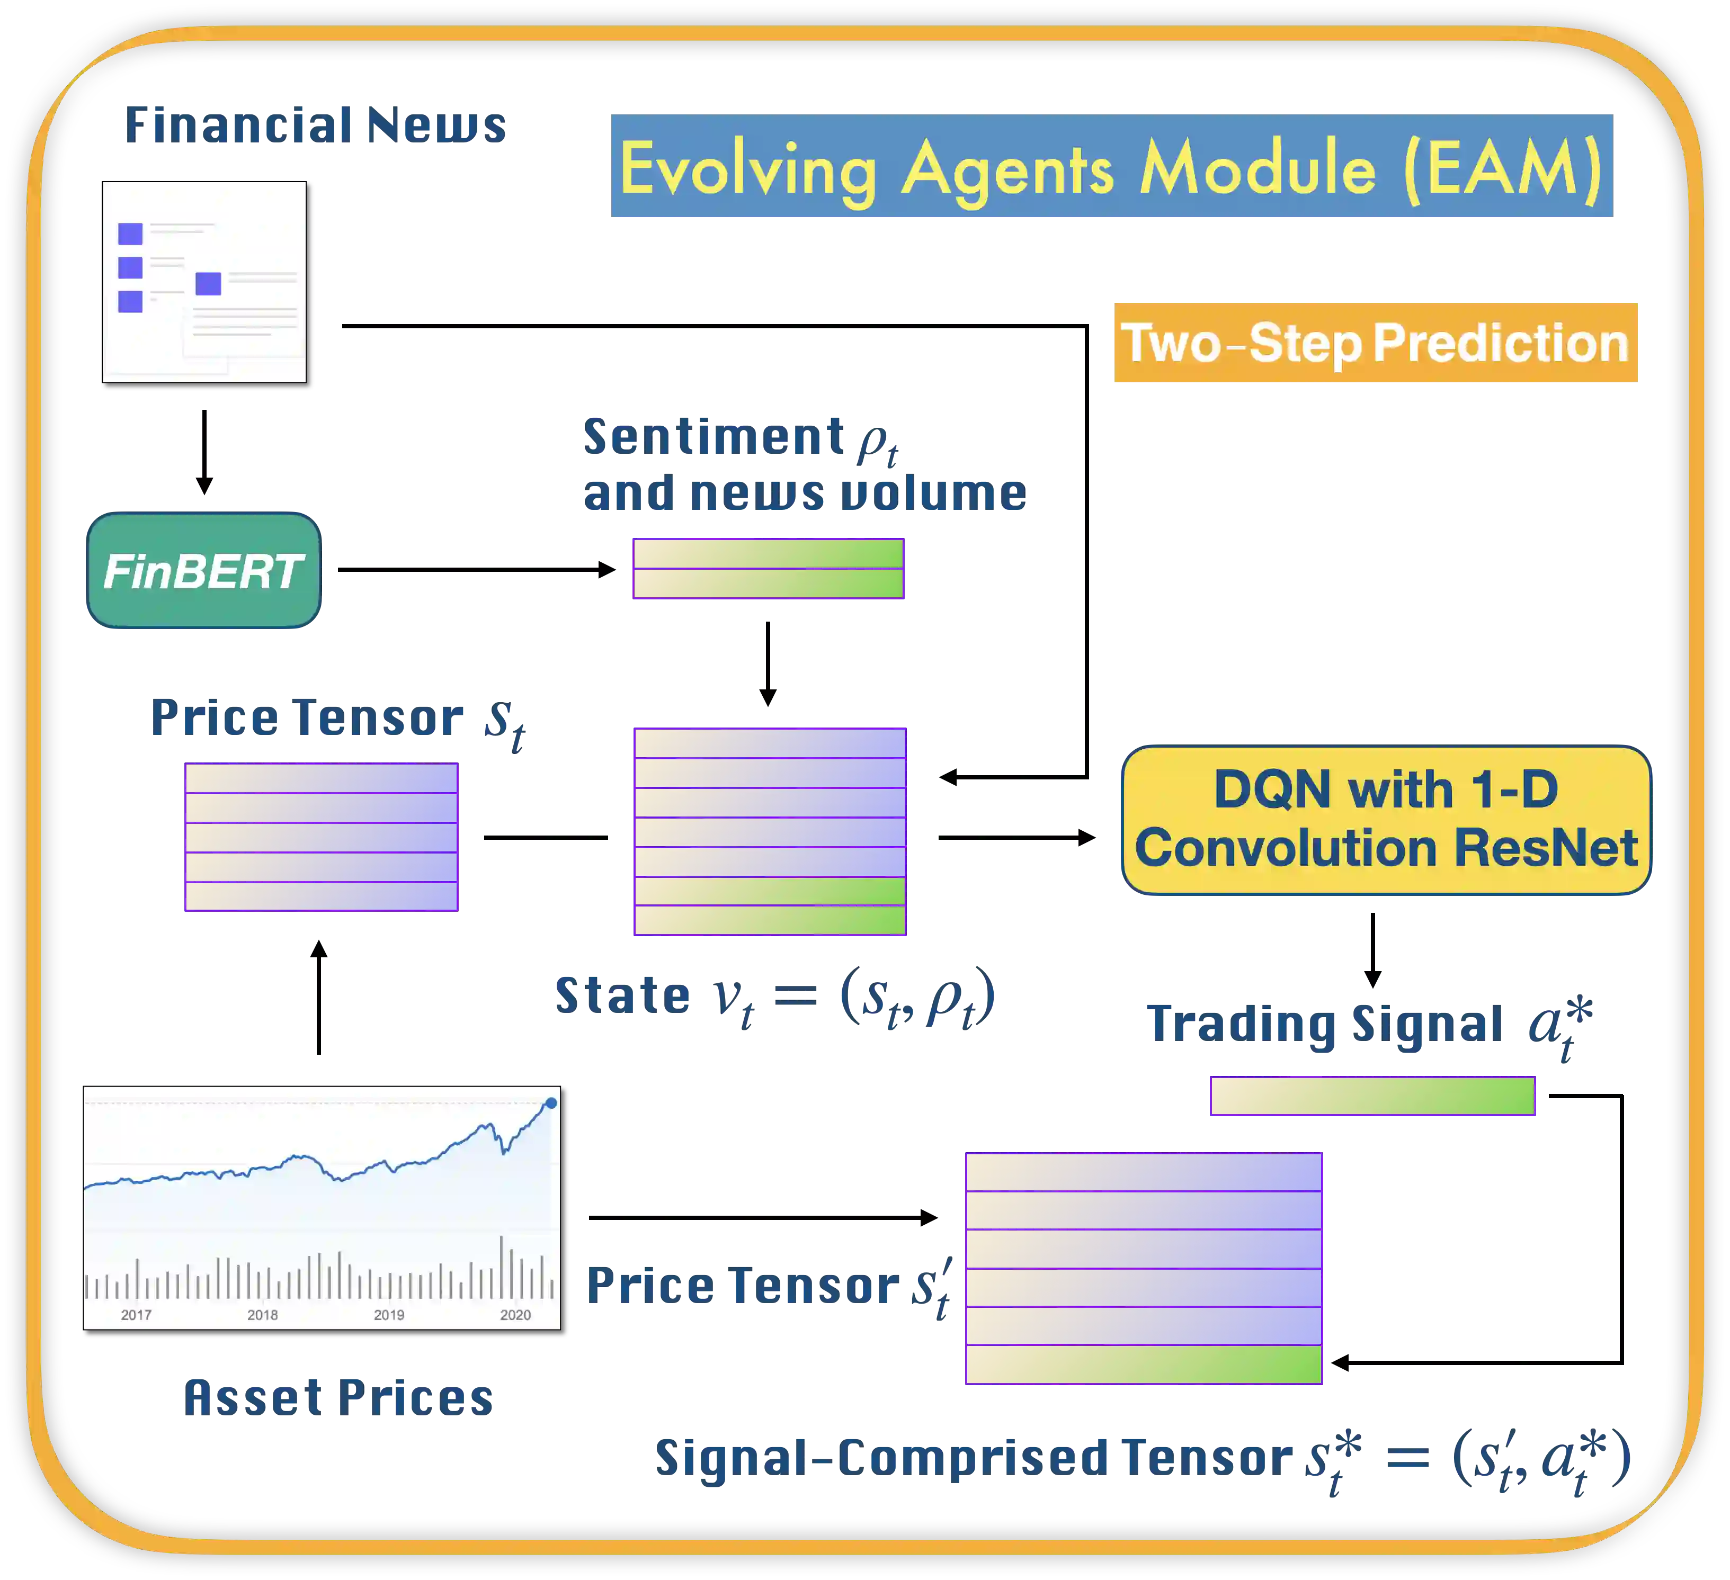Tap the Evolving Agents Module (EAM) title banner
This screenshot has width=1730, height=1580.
point(1111,167)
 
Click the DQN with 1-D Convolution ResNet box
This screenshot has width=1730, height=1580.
point(1385,819)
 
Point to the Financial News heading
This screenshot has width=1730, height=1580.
point(317,125)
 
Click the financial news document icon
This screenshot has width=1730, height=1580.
point(204,281)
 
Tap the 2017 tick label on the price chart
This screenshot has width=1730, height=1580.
point(137,1315)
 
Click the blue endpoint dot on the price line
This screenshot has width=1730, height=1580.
point(551,1103)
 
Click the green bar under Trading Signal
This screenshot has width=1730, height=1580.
point(1372,1096)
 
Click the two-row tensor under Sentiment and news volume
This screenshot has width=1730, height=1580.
point(768,569)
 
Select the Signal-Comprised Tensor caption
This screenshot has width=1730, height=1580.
point(1142,1460)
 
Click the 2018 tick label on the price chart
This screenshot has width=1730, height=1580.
point(263,1315)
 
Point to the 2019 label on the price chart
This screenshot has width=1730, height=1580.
point(389,1315)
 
